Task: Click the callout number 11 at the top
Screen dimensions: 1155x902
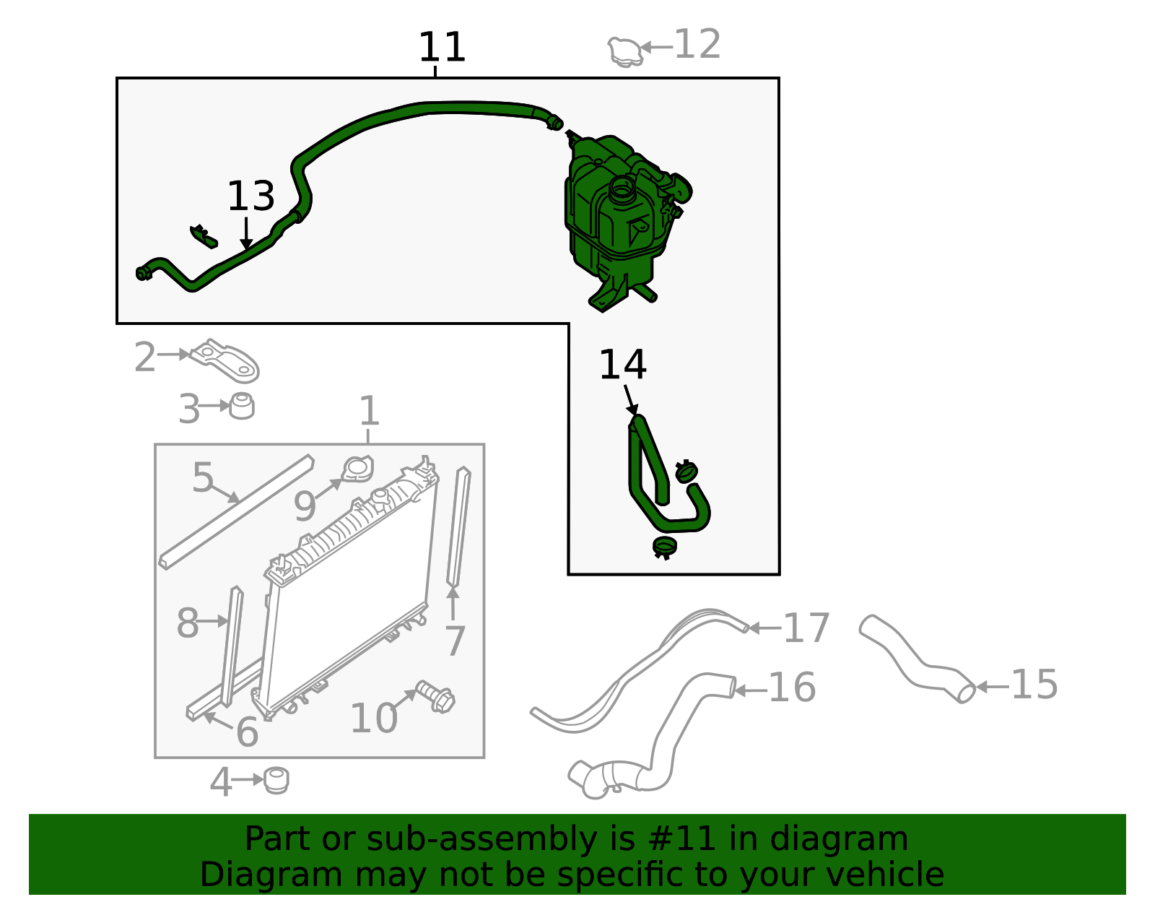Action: (x=442, y=47)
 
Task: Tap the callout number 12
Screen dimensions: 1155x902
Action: (x=697, y=44)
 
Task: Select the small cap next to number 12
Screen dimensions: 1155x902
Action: (x=625, y=52)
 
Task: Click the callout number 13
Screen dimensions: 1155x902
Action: (x=251, y=196)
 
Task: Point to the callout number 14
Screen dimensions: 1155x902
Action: (x=622, y=365)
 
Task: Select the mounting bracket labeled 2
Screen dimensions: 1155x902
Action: (x=225, y=360)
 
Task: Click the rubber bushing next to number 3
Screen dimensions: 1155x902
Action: (x=242, y=406)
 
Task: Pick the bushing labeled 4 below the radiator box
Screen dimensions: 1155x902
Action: (x=276, y=780)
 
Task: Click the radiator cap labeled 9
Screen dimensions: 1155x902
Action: (x=357, y=469)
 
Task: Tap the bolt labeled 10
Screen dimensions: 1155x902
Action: (x=435, y=697)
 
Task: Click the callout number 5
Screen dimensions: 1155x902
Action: (x=203, y=477)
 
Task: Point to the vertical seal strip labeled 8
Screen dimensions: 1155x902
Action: (x=232, y=646)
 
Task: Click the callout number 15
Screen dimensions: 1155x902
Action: (x=1034, y=684)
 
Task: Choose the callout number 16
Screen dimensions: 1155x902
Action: (x=792, y=688)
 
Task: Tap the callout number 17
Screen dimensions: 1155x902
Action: (x=806, y=628)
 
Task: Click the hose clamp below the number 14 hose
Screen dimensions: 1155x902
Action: (x=664, y=547)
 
